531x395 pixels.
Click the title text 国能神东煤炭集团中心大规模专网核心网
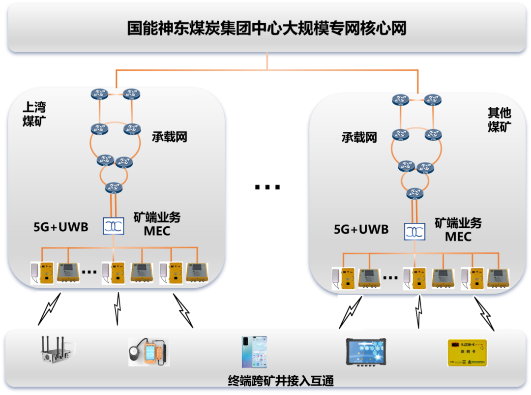pyautogui.click(x=267, y=28)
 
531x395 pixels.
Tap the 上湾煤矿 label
pyautogui.click(x=34, y=114)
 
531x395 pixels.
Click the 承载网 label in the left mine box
pyautogui.click(x=170, y=136)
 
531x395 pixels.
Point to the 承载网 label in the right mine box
pyautogui.click(x=359, y=137)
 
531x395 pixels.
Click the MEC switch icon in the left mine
pyautogui.click(x=114, y=225)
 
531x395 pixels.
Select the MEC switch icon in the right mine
pyautogui.click(x=414, y=232)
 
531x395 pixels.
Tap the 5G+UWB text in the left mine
pyautogui.click(x=60, y=227)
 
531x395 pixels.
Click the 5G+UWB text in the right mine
pyautogui.click(x=361, y=229)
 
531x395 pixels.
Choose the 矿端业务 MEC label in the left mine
pyautogui.click(x=157, y=224)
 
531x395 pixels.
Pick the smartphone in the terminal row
pyautogui.click(x=254, y=352)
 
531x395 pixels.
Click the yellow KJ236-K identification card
pyautogui.click(x=467, y=352)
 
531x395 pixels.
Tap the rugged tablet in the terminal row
pyautogui.click(x=366, y=353)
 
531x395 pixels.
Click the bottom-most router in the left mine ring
pyautogui.click(x=114, y=187)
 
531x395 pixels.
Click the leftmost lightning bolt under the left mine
pyautogui.click(x=50, y=309)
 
